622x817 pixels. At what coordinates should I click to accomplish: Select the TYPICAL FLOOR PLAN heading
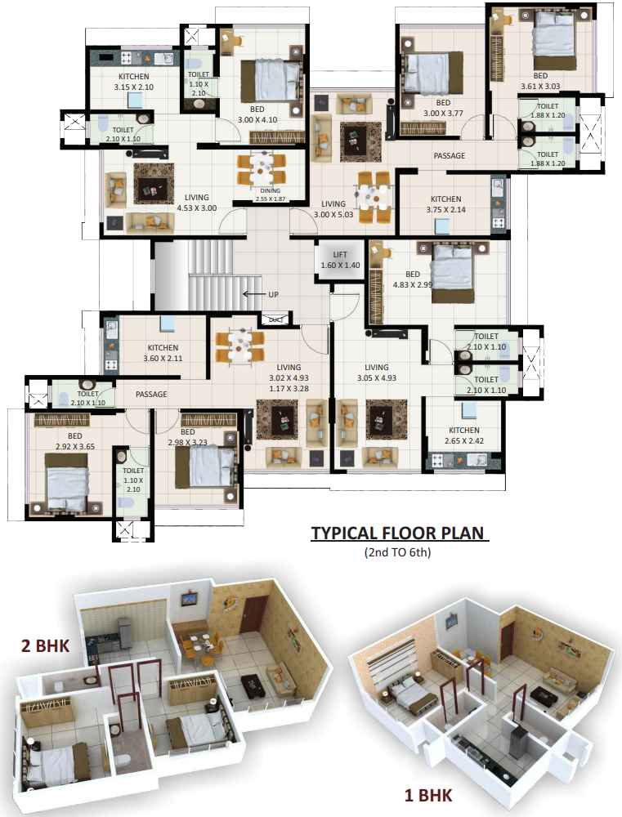tap(398, 534)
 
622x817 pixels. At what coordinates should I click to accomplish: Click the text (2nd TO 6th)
tap(397, 552)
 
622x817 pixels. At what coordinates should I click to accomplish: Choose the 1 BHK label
tap(427, 794)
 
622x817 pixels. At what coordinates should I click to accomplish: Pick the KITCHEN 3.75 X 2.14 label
tap(446, 204)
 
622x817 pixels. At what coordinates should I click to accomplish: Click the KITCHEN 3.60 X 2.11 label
tap(163, 352)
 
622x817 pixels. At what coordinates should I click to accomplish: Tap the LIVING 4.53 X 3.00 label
tap(196, 203)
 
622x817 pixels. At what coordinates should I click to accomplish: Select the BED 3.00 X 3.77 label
tap(443, 109)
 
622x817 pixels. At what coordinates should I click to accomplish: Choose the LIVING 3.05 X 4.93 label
tap(377, 373)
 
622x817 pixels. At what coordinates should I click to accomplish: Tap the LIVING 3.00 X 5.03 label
tap(333, 209)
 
